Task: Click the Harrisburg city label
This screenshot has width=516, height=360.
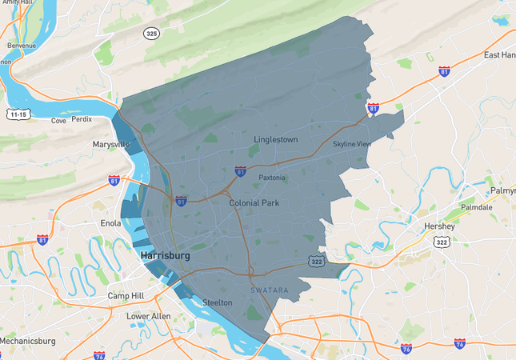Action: pyautogui.click(x=166, y=256)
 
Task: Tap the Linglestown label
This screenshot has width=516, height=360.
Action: pyautogui.click(x=275, y=140)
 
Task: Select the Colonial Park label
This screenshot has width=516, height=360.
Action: pyautogui.click(x=254, y=203)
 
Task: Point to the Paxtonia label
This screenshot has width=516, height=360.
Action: pyautogui.click(x=271, y=178)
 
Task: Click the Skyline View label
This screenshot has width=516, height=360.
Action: pyautogui.click(x=352, y=144)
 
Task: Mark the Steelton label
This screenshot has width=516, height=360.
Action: pyautogui.click(x=217, y=302)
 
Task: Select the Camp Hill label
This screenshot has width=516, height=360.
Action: pyautogui.click(x=125, y=296)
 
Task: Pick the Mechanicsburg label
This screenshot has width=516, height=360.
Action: pyautogui.click(x=27, y=341)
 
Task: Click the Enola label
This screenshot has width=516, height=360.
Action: pyautogui.click(x=110, y=224)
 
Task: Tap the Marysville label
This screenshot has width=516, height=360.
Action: pyautogui.click(x=111, y=145)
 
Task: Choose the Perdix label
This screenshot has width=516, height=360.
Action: pyautogui.click(x=82, y=120)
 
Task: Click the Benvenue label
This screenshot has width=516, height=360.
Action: pyautogui.click(x=22, y=46)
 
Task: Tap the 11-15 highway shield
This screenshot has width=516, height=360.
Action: pyautogui.click(x=18, y=114)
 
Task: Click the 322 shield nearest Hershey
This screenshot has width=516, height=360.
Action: pyautogui.click(x=441, y=242)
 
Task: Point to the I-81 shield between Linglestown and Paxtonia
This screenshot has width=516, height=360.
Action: pyautogui.click(x=240, y=171)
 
